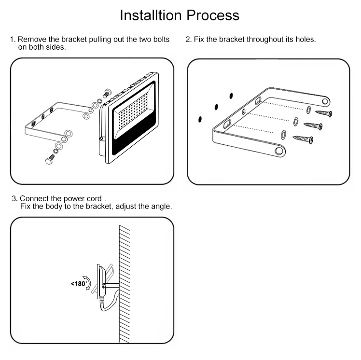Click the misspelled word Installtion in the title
click(151, 15)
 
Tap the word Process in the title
click(213, 15)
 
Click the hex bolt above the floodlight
click(108, 93)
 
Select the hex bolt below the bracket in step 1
click(50, 159)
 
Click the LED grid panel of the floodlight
click(132, 111)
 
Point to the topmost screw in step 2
click(324, 113)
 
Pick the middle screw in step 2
click(313, 126)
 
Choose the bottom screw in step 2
click(303, 139)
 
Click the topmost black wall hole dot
click(231, 96)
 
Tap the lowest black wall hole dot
click(200, 119)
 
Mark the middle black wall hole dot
click(216, 107)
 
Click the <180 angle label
click(79, 284)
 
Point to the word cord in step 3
click(94, 198)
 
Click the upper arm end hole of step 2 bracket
click(325, 101)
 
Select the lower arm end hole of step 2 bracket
click(279, 151)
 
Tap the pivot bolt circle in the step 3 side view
click(104, 286)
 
